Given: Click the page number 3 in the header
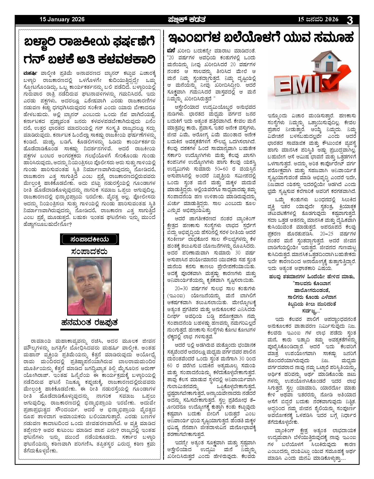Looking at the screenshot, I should click(x=350, y=20).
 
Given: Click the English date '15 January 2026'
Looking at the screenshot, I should click(x=62, y=20).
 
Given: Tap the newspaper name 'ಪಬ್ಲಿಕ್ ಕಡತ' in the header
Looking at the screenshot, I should click(x=187, y=20).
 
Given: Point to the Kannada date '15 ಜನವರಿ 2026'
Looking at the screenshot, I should click(x=318, y=20).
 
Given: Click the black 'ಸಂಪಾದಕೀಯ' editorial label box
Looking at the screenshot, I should click(x=89, y=239).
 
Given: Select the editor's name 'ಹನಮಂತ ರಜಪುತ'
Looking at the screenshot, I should click(x=89, y=323).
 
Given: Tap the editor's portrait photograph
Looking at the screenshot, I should click(x=89, y=286).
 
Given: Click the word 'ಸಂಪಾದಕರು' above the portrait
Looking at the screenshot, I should click(x=89, y=251).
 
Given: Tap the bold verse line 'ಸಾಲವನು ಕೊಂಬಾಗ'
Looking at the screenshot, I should click(x=312, y=283).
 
